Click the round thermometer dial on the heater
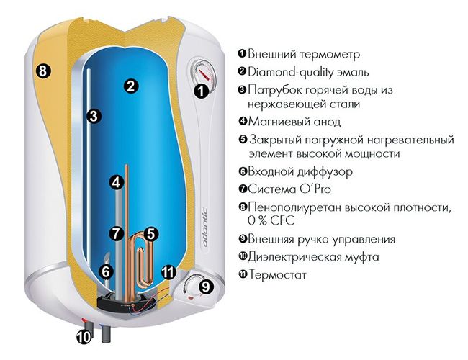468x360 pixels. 202,72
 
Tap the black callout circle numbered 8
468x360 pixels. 43,71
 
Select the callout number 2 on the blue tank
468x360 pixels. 131,86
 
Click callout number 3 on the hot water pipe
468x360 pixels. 94,116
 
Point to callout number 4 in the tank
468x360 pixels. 117,182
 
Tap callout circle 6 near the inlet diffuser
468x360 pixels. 107,271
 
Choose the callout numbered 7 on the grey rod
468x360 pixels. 116,233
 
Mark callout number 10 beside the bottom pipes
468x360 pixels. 84,337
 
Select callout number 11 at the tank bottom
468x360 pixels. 168,272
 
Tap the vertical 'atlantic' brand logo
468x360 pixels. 204,228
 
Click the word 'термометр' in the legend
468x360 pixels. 330,54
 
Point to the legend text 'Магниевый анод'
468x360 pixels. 294,122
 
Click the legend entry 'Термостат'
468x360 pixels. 278,274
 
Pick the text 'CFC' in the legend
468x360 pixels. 282,220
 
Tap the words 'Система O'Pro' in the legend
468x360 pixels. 289,189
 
